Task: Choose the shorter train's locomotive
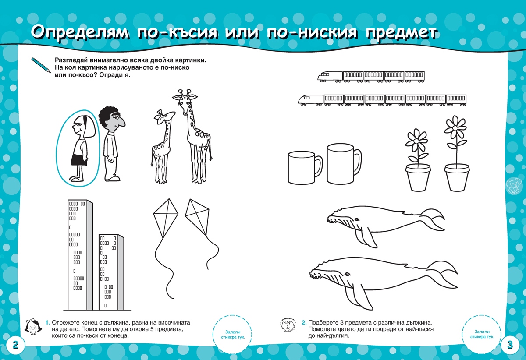(330, 77)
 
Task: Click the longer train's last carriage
(456, 100)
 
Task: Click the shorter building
(110, 272)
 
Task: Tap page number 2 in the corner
(15, 345)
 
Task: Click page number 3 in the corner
(510, 344)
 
